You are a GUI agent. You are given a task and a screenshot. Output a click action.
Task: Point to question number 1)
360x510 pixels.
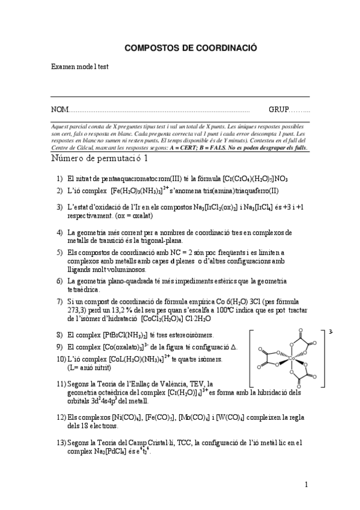60,179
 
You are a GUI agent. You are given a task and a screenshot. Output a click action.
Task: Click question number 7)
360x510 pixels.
60,301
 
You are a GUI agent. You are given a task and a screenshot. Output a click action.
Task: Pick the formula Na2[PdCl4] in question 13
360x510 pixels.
109,452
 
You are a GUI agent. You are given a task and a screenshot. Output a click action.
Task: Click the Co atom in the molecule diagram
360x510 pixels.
291,358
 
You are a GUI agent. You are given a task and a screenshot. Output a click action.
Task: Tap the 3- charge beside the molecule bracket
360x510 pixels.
331,331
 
